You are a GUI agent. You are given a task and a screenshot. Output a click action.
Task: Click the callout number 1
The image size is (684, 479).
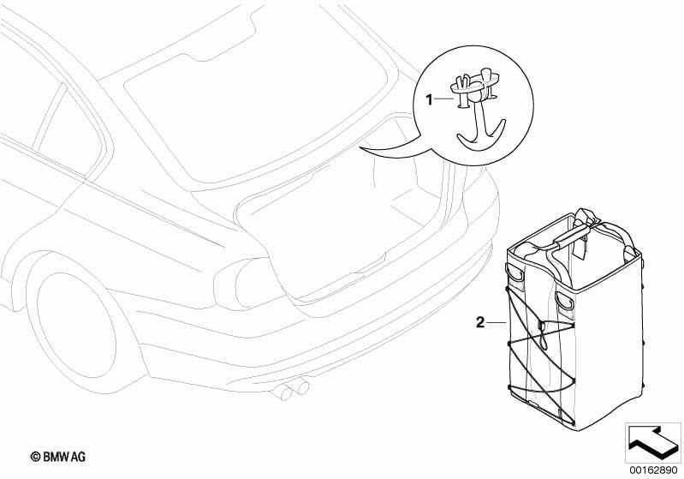click(429, 100)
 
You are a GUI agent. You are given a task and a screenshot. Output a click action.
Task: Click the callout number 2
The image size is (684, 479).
click(480, 323)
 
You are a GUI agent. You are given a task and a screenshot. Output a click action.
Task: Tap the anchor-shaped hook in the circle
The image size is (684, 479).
click(481, 127)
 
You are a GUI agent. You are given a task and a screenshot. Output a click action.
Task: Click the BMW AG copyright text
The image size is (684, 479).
click(58, 457)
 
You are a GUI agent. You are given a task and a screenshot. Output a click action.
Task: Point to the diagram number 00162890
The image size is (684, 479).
click(653, 470)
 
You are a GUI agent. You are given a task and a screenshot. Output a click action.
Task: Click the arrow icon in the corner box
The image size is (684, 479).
click(652, 441)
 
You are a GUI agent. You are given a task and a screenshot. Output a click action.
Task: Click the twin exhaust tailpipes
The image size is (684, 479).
click(289, 390)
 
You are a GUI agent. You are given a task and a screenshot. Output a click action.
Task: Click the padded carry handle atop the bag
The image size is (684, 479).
click(573, 233)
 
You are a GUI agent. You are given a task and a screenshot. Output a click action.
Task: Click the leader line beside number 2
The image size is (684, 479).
click(496, 323)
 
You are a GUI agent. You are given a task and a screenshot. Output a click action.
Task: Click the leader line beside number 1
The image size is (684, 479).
click(444, 99)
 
